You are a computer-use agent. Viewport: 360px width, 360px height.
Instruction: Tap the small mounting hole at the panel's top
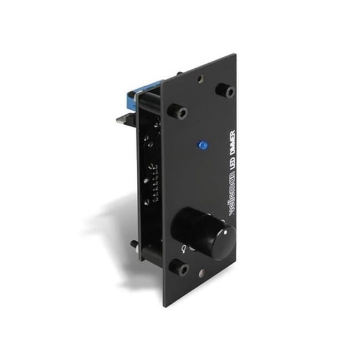pos(199,79)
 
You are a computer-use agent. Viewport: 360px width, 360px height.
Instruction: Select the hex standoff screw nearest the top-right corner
pos(227,91)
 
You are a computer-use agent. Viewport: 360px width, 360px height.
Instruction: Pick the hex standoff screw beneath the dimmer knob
pos(182,269)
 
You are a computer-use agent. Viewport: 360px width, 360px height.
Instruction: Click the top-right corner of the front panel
pos(235,55)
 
